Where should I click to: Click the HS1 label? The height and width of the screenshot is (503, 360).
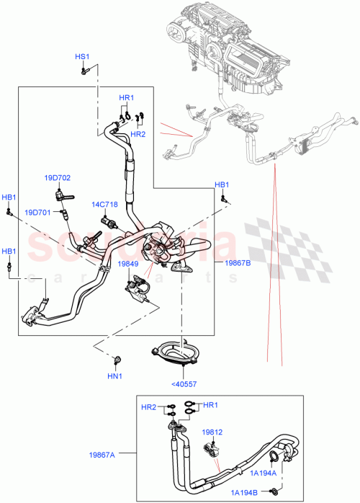click(82, 56)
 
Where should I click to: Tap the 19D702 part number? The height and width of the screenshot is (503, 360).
click(57, 177)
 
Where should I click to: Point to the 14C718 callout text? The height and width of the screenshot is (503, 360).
click(104, 205)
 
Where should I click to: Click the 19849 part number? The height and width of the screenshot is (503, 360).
click(127, 264)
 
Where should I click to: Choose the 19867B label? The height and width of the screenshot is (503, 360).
click(238, 264)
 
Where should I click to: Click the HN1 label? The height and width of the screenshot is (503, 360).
click(115, 375)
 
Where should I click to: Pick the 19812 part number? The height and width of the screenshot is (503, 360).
click(211, 432)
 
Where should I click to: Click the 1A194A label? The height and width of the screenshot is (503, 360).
click(263, 473)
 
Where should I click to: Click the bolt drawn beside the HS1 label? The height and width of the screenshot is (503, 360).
click(85, 70)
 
